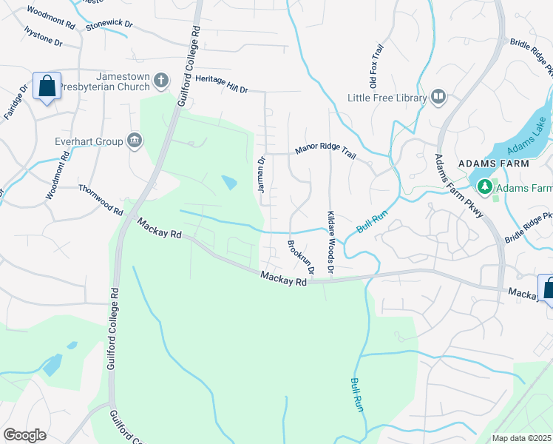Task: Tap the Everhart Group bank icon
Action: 134,140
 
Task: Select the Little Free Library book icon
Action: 438,97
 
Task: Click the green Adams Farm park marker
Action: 485,187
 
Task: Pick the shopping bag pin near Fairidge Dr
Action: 47,87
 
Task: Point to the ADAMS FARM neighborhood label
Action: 494,163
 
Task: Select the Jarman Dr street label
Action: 261,175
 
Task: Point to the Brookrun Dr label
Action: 301,257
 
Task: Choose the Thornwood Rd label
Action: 101,200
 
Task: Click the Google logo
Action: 24,434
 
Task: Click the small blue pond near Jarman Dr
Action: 229,181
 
